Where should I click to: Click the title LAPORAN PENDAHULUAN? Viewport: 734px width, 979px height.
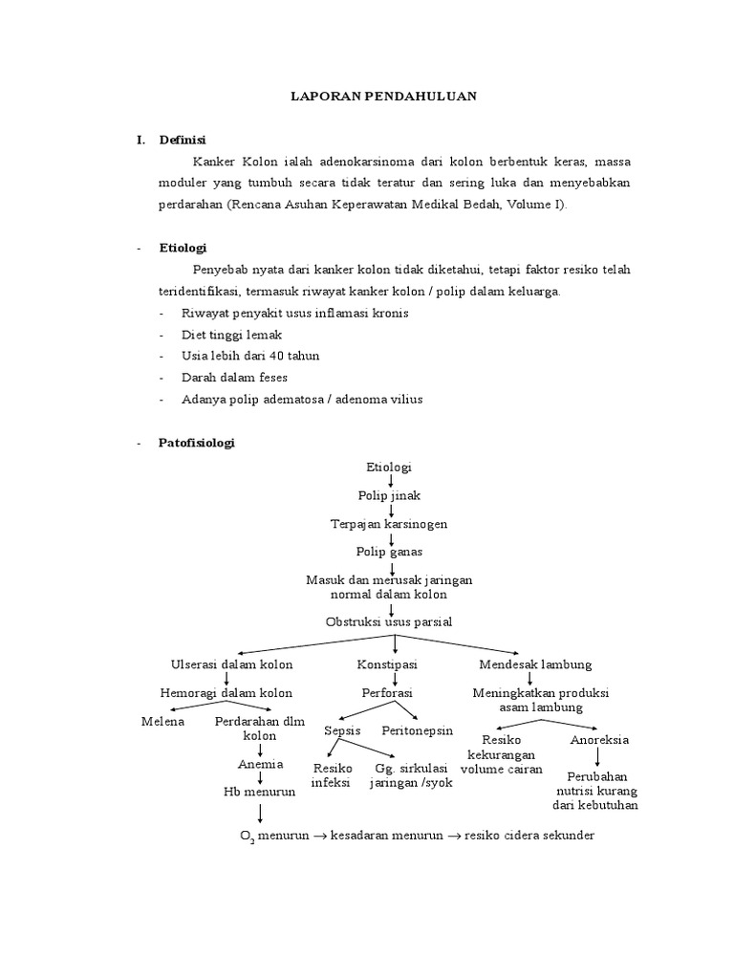point(383,97)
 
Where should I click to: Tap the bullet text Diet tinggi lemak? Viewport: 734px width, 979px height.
point(232,335)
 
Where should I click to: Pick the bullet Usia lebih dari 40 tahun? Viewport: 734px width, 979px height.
point(250,356)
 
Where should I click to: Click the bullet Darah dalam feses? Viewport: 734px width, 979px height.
point(234,377)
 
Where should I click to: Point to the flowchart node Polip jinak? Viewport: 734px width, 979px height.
point(389,496)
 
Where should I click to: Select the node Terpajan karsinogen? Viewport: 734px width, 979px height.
point(389,524)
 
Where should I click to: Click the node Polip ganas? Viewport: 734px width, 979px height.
point(389,552)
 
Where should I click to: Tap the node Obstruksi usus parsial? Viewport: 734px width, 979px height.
point(389,621)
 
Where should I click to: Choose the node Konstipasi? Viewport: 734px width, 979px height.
point(387,664)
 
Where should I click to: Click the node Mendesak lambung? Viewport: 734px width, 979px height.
point(535,664)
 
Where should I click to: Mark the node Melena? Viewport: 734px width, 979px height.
point(162,721)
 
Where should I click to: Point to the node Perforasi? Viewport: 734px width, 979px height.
point(386,692)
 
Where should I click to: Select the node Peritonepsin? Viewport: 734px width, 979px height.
point(418,731)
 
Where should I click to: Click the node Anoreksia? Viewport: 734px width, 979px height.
point(599,740)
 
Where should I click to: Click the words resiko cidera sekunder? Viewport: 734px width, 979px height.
point(530,836)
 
